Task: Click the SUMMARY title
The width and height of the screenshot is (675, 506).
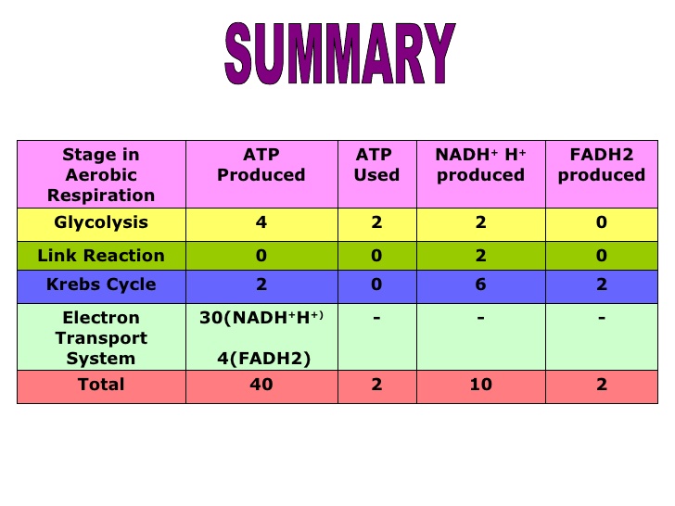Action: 340,54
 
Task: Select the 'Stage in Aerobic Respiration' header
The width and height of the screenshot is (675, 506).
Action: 101,174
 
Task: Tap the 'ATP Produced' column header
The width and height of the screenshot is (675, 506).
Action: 261,165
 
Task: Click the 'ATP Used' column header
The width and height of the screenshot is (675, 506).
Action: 376,165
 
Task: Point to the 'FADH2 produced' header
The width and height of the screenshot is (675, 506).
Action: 602,165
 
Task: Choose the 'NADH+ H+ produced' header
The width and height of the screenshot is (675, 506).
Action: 481,165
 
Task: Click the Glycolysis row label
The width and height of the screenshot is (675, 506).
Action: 101,222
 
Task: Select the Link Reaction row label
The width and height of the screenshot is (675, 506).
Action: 101,256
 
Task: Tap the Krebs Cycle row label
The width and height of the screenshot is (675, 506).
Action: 101,285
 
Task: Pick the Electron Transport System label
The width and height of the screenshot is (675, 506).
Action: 101,338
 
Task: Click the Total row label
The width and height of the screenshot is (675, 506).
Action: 101,385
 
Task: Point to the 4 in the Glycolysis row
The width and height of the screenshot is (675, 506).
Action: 261,222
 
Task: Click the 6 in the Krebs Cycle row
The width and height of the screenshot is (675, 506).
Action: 481,285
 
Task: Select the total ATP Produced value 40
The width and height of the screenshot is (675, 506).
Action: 261,385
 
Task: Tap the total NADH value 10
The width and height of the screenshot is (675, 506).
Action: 481,385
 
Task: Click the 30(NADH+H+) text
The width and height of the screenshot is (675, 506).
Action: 261,318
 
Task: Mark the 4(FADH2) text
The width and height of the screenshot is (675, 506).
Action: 263,359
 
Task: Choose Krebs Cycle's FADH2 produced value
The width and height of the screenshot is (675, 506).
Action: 602,285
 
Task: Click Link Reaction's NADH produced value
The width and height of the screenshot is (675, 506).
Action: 481,256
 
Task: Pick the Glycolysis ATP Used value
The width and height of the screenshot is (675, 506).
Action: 376,222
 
